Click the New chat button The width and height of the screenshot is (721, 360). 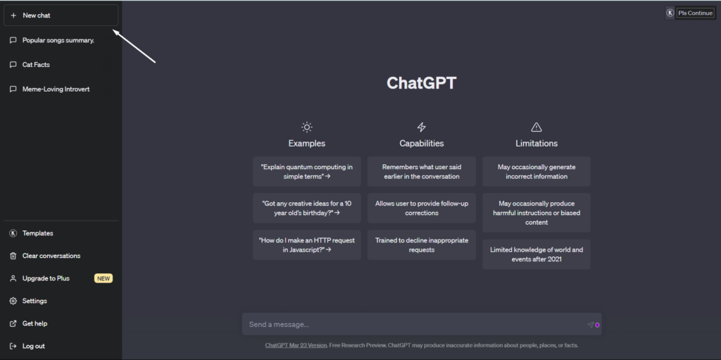61,15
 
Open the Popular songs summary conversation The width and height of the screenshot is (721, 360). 58,40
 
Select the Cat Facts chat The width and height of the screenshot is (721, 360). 36,64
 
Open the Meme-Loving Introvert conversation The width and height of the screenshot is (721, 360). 56,89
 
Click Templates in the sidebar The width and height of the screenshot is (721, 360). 38,233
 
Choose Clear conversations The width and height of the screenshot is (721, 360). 51,256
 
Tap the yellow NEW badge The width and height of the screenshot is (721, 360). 104,278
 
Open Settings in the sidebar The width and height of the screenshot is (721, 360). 35,301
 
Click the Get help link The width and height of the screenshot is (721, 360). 35,323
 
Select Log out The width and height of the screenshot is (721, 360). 34,346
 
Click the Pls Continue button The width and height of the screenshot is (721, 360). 695,13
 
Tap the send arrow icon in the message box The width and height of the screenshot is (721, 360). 591,325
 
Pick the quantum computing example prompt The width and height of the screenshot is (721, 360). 307,172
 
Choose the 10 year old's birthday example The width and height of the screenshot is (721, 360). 307,208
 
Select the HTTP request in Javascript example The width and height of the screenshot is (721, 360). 307,245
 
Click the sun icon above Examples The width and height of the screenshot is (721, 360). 307,127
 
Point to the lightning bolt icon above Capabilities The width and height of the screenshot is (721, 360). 421,127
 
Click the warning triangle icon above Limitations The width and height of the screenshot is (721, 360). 536,127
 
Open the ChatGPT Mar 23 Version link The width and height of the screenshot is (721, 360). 296,345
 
